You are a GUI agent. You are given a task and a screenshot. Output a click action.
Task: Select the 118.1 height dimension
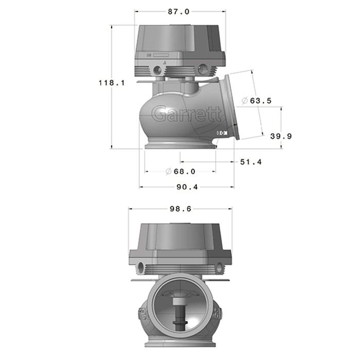point(112,82)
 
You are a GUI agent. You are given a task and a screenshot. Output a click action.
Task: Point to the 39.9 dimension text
point(281,136)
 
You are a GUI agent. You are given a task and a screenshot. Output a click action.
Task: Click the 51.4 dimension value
point(251,162)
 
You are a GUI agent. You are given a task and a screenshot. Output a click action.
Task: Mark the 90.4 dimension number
point(187,187)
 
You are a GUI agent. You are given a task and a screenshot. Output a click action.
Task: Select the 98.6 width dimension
point(179,209)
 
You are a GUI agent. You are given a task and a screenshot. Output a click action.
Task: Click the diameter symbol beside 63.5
point(244,101)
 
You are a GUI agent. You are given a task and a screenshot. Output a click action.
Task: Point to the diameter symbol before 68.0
point(168,172)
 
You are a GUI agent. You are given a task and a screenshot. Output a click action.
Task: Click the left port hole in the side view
point(157,68)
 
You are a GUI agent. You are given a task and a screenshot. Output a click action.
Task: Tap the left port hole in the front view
point(141,266)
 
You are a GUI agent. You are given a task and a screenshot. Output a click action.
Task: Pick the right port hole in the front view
point(221,266)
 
